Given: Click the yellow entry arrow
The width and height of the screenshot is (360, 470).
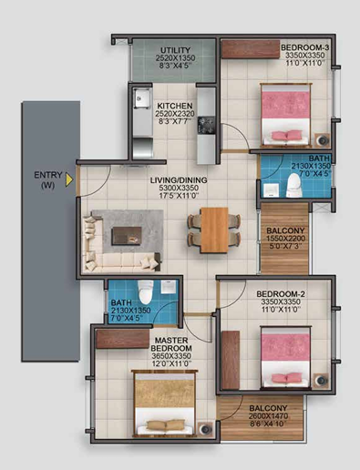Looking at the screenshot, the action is pyautogui.click(x=69, y=179).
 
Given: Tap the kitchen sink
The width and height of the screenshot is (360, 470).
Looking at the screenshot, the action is pyautogui.click(x=142, y=97).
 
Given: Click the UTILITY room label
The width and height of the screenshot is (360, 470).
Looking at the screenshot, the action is pyautogui.click(x=176, y=50).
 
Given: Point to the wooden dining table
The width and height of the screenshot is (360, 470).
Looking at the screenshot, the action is pyautogui.click(x=214, y=230).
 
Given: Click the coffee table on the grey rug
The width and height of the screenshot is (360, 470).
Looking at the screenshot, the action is pyautogui.click(x=127, y=236).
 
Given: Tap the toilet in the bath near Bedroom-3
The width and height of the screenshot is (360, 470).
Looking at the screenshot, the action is pyautogui.click(x=293, y=185).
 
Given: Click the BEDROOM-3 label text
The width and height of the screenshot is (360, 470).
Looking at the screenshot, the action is pyautogui.click(x=305, y=47).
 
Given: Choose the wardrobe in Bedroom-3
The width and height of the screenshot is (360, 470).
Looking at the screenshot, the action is pyautogui.click(x=251, y=49).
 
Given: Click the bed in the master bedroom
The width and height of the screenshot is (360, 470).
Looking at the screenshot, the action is pyautogui.click(x=164, y=403).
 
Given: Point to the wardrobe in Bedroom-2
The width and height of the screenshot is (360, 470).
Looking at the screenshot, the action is pyautogui.click(x=231, y=360).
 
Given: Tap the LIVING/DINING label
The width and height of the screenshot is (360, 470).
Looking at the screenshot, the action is pyautogui.click(x=179, y=180).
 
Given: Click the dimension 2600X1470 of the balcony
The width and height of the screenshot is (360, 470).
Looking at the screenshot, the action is pyautogui.click(x=268, y=416).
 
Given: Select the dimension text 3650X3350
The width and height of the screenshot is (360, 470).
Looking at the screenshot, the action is pyautogui.click(x=171, y=356).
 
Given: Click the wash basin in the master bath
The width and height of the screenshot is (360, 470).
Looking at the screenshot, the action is pyautogui.click(x=168, y=287).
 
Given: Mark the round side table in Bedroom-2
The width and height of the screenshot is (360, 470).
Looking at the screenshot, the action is pyautogui.click(x=321, y=380).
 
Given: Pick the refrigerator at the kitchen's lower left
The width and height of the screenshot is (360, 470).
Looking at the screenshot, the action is pyautogui.click(x=142, y=148).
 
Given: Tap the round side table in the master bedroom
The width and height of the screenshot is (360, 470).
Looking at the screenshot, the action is pyautogui.click(x=206, y=429).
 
